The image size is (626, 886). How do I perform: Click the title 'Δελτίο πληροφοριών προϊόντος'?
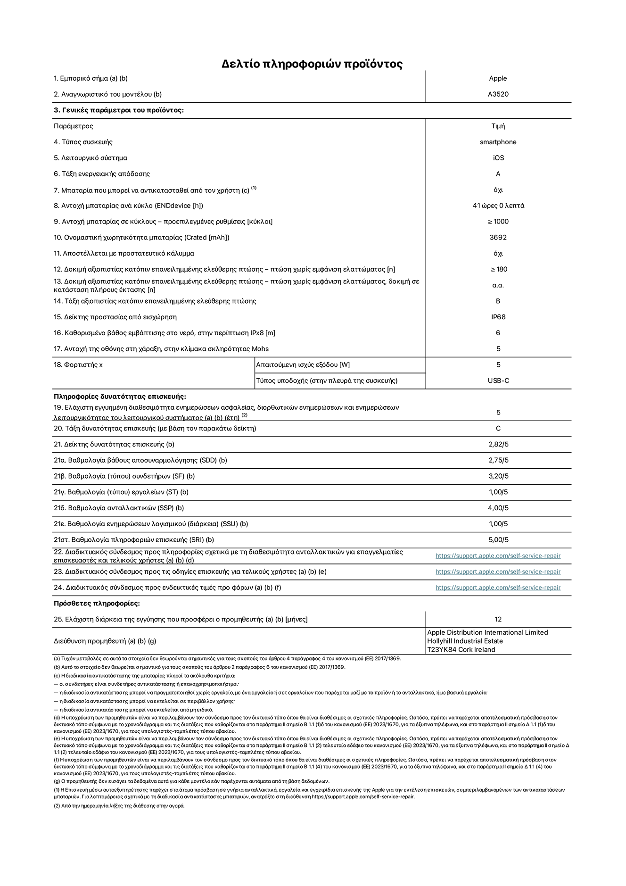pyautogui.click(x=312, y=64)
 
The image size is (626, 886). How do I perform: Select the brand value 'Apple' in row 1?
pyautogui.click(x=498, y=78)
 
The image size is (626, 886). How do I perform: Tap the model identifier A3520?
pyautogui.click(x=498, y=94)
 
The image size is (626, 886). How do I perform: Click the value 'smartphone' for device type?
pyautogui.click(x=498, y=142)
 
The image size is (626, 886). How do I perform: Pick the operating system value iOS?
pyautogui.click(x=498, y=158)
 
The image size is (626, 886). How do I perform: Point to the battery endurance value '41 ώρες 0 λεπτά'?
pyautogui.click(x=498, y=206)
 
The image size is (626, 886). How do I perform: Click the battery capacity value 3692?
pyautogui.click(x=498, y=238)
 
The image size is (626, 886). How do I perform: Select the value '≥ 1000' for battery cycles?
pyautogui.click(x=498, y=222)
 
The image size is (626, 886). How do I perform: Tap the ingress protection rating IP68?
pyautogui.click(x=498, y=317)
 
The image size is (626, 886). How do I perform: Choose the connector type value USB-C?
pyautogui.click(x=498, y=381)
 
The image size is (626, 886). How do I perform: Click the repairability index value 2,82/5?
pyautogui.click(x=498, y=444)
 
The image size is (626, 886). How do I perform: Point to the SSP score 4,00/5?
pyautogui.click(x=498, y=508)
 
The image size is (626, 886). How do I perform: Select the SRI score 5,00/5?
pyautogui.click(x=498, y=540)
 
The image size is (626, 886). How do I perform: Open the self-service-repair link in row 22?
pyautogui.click(x=498, y=556)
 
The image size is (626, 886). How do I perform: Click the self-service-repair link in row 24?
pyautogui.click(x=498, y=588)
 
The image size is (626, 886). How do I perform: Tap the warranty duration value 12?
pyautogui.click(x=498, y=619)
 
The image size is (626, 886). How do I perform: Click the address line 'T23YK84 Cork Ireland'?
pyautogui.click(x=461, y=649)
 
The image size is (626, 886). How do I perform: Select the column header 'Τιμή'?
pyautogui.click(x=498, y=126)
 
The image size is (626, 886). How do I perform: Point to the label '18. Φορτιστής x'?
pyautogui.click(x=78, y=365)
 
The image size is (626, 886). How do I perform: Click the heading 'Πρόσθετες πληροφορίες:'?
pyautogui.click(x=97, y=604)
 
